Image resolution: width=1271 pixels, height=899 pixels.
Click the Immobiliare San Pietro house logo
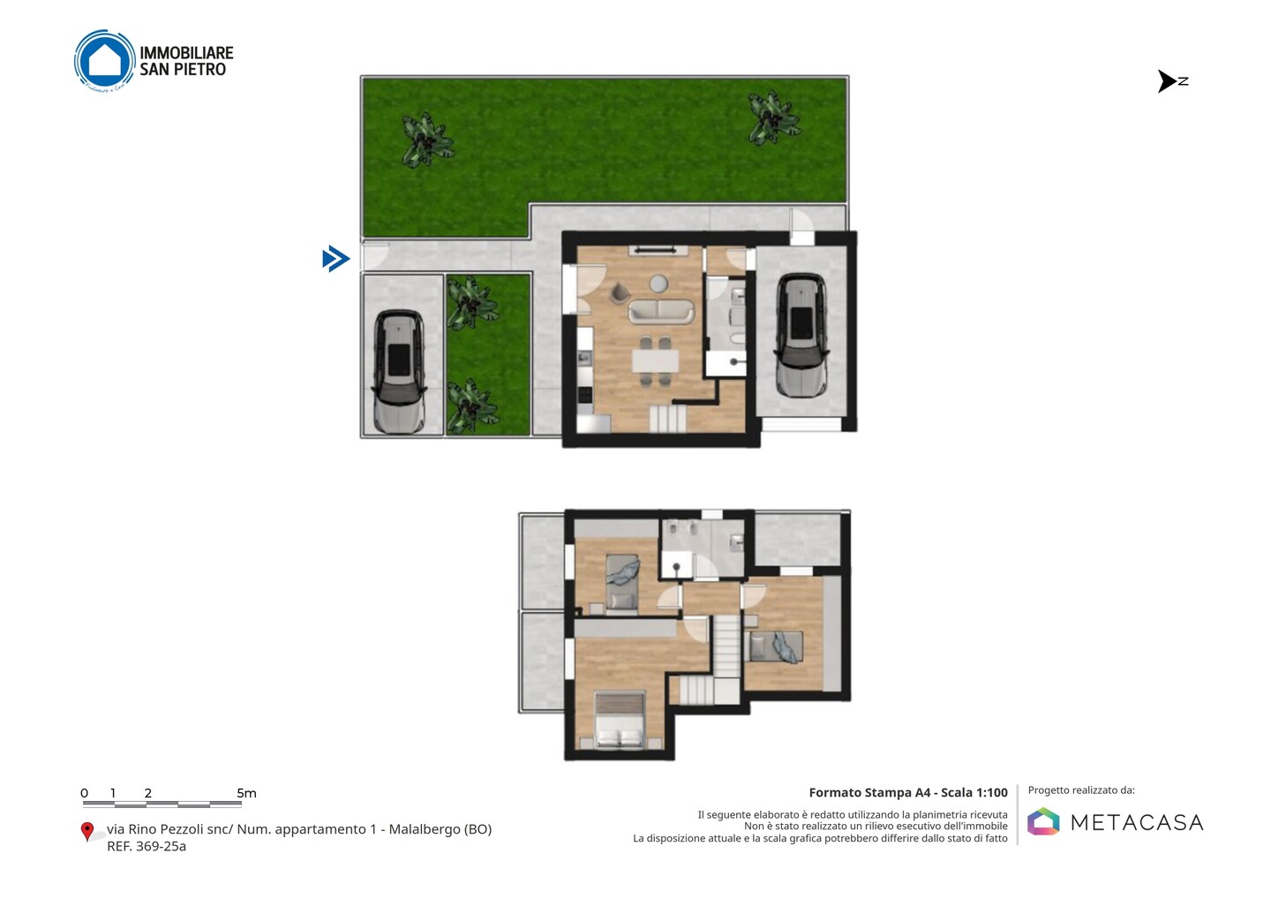click(105, 60)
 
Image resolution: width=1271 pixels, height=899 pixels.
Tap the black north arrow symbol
click(1167, 81)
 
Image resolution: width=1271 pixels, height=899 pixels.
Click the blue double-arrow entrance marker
click(336, 259)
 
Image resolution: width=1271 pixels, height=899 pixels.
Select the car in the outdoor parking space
click(399, 371)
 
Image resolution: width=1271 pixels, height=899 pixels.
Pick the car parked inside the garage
click(801, 336)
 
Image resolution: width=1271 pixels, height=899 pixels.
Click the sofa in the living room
click(660, 312)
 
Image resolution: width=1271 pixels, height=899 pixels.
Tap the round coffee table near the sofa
click(658, 283)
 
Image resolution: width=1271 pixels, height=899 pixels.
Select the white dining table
click(655, 361)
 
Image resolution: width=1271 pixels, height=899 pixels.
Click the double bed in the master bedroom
click(619, 719)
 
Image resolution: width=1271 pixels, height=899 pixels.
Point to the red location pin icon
click(86, 832)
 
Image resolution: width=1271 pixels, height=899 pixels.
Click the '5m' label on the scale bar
click(247, 793)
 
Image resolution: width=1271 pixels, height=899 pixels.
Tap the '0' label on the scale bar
click(85, 793)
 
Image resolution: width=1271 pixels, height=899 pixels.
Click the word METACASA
click(1137, 822)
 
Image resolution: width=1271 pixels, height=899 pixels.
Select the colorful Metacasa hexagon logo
click(1043, 821)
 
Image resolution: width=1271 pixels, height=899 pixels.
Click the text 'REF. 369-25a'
click(147, 846)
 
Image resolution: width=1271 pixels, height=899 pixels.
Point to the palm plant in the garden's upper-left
click(426, 139)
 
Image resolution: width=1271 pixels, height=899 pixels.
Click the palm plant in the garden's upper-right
click(773, 117)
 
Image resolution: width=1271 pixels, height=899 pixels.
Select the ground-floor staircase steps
click(667, 419)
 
